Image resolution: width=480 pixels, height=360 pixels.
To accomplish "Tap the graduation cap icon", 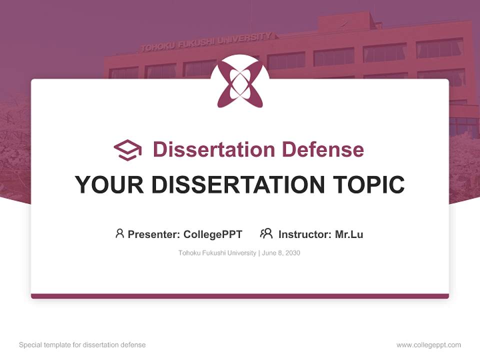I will (127, 149).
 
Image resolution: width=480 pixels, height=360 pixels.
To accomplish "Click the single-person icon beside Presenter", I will (119, 233).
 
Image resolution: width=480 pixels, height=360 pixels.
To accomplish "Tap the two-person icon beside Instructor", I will (266, 233).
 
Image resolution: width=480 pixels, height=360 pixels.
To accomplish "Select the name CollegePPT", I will (213, 234).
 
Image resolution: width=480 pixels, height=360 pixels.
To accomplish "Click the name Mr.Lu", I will (349, 234).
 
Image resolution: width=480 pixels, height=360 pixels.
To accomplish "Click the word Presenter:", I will (154, 234).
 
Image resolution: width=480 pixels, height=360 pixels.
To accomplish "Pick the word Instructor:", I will (305, 234).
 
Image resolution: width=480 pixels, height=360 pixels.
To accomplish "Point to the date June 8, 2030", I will (281, 253).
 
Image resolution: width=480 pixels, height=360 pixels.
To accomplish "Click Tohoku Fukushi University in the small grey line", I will (217, 253).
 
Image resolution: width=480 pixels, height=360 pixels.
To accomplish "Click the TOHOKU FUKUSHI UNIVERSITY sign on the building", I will (206, 41).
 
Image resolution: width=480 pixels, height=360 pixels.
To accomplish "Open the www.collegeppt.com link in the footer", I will (428, 345).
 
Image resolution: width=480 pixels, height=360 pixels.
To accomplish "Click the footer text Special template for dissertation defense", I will (82, 345).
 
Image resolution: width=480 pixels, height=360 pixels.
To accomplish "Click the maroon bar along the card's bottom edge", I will (240, 296).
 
